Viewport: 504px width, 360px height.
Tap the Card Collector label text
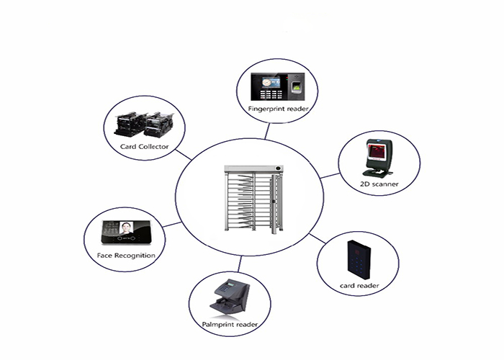[x=144, y=147]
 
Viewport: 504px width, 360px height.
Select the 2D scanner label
[x=379, y=184]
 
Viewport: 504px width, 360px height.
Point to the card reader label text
[x=359, y=286]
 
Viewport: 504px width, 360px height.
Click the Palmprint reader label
[x=230, y=325]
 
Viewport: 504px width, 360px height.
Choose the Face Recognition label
[x=126, y=256]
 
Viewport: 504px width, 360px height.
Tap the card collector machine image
[x=144, y=125]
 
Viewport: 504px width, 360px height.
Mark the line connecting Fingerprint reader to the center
[x=267, y=130]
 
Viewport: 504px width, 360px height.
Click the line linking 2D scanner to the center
[x=330, y=174]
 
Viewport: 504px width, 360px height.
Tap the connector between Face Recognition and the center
[x=171, y=225]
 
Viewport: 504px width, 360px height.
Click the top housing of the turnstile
[x=253, y=169]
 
